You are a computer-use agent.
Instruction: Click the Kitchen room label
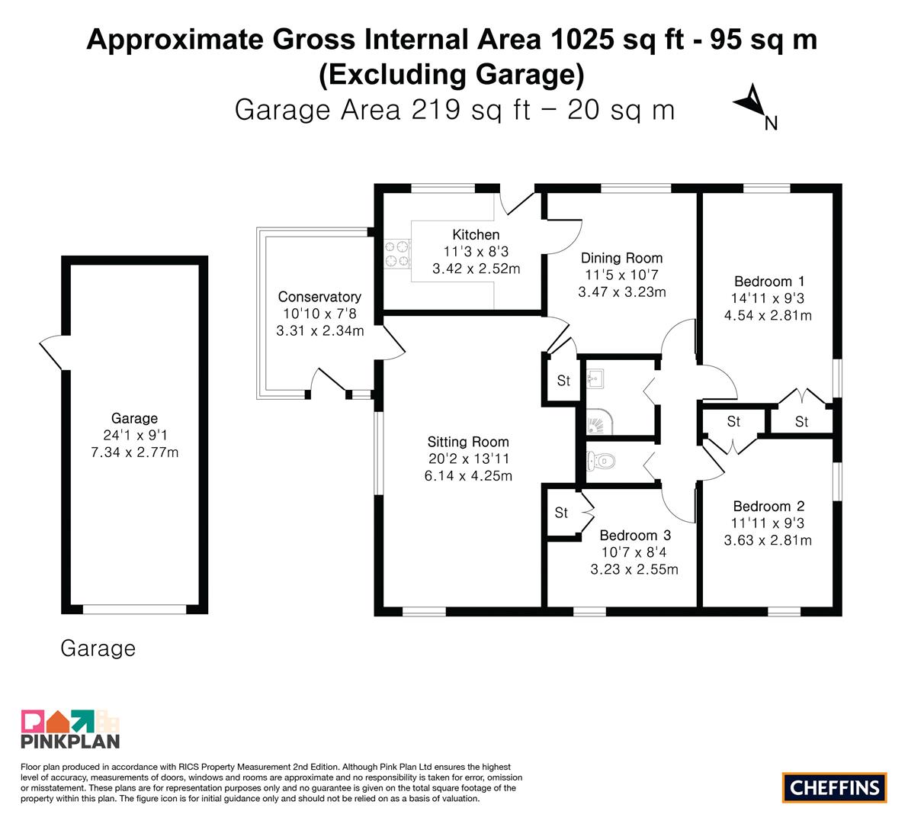[x=476, y=235]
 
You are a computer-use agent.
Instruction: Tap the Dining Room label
[x=621, y=258]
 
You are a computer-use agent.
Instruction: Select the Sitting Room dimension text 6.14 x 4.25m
[x=468, y=476]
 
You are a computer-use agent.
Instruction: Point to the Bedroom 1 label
[x=769, y=282]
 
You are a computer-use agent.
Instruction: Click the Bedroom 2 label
[x=768, y=507]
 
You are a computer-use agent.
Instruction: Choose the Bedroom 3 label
[x=636, y=536]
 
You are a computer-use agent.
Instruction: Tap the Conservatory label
[x=319, y=297]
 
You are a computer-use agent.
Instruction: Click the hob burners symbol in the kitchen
[x=396, y=254]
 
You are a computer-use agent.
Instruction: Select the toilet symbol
[x=600, y=462]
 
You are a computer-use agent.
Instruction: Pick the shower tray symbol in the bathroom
[x=597, y=420]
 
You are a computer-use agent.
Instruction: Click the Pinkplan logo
[x=70, y=729]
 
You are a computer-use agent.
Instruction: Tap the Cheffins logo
[x=835, y=787]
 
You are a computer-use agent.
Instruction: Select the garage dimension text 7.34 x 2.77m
[x=134, y=452]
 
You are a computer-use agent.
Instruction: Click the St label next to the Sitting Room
[x=563, y=381]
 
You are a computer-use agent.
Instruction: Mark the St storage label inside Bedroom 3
[x=561, y=513]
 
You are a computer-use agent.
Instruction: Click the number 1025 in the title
[x=582, y=40]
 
